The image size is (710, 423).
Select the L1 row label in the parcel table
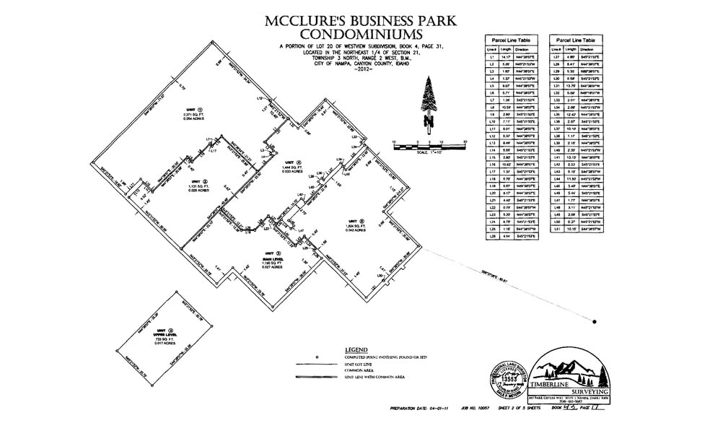click(493, 55)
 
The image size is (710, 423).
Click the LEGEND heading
click(358, 349)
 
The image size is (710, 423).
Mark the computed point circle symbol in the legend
click(317, 359)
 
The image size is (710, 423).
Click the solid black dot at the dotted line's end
click(595, 321)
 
